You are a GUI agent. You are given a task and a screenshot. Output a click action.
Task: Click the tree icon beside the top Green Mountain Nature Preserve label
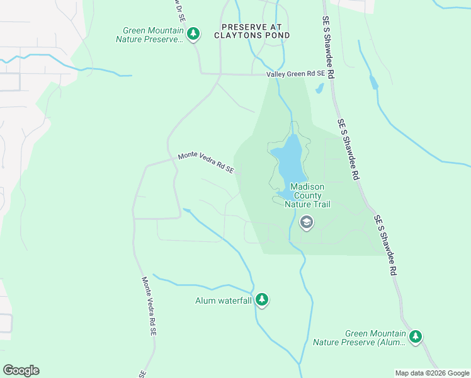pyautogui.click(x=193, y=34)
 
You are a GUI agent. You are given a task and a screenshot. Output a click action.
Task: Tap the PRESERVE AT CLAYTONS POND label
pyautogui.click(x=255, y=31)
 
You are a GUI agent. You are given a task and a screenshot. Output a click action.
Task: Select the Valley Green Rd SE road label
pyautogui.click(x=295, y=74)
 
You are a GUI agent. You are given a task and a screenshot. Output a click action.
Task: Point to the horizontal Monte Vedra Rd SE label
pyautogui.click(x=206, y=162)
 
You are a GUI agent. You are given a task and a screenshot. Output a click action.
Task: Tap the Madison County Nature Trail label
pyautogui.click(x=307, y=195)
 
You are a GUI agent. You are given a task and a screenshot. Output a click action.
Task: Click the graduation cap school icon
pyautogui.click(x=307, y=222)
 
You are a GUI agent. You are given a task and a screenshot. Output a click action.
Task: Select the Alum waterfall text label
pyautogui.click(x=224, y=301)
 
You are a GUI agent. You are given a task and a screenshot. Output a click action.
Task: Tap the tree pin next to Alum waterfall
pyautogui.click(x=262, y=301)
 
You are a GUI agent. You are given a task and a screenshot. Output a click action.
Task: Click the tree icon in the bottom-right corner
pyautogui.click(x=415, y=337)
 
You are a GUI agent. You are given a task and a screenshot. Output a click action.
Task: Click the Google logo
pyautogui.click(x=21, y=370)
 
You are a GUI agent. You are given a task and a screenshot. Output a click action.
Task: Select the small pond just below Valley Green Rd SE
pyautogui.click(x=319, y=88)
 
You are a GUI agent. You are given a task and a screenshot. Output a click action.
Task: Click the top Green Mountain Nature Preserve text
pyautogui.click(x=153, y=34)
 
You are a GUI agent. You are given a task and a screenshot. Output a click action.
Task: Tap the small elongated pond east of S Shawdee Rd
pyautogui.click(x=374, y=82)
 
